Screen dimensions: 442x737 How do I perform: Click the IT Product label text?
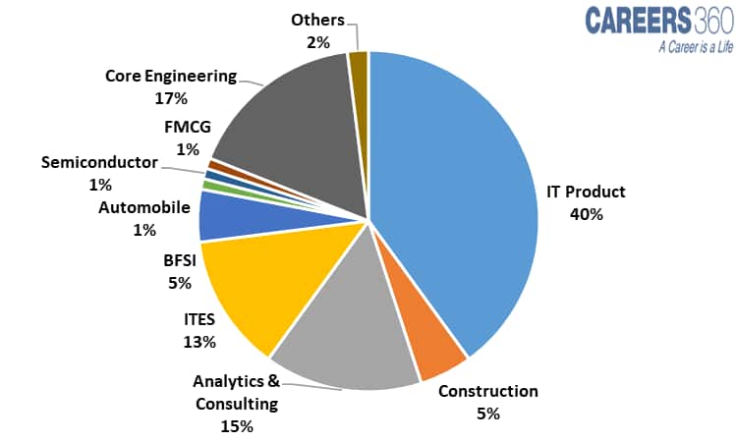(x=586, y=192)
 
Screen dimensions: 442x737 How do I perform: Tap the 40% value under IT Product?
(x=586, y=214)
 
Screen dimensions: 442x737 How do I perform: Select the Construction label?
(x=488, y=391)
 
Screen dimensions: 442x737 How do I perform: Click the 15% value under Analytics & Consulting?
(x=237, y=426)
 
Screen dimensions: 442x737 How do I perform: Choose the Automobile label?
(x=143, y=207)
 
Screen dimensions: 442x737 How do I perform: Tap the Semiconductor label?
(x=99, y=162)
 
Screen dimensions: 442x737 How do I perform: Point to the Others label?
(x=316, y=20)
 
